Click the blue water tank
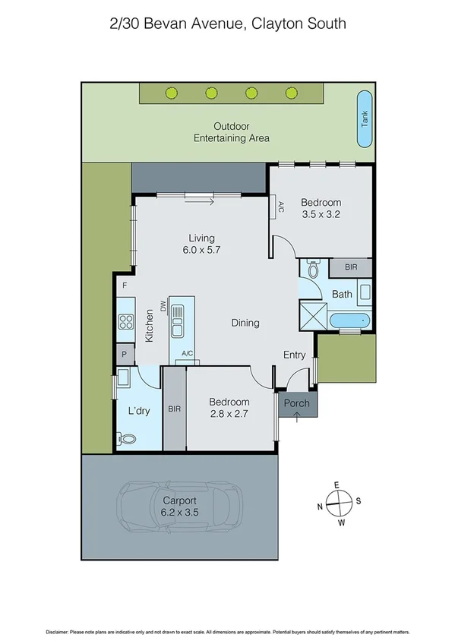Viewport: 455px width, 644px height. (x=365, y=119)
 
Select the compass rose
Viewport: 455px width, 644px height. (x=339, y=501)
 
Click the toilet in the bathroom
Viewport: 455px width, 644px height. (x=312, y=270)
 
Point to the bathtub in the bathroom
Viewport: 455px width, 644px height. (x=351, y=320)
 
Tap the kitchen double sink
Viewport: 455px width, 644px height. (x=178, y=321)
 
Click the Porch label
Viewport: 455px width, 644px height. (x=296, y=403)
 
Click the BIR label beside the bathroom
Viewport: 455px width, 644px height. (x=350, y=268)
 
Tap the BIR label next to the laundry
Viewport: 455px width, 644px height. (x=174, y=407)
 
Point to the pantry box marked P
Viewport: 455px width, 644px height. (x=124, y=354)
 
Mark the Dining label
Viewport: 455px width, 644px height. (x=245, y=323)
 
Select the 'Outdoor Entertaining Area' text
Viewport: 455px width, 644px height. (x=232, y=132)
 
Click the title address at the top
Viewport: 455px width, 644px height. (x=228, y=24)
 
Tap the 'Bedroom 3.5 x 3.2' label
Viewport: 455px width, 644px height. (x=321, y=208)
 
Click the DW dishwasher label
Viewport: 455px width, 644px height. (x=163, y=306)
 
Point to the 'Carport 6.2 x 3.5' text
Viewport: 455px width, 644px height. (x=179, y=507)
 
